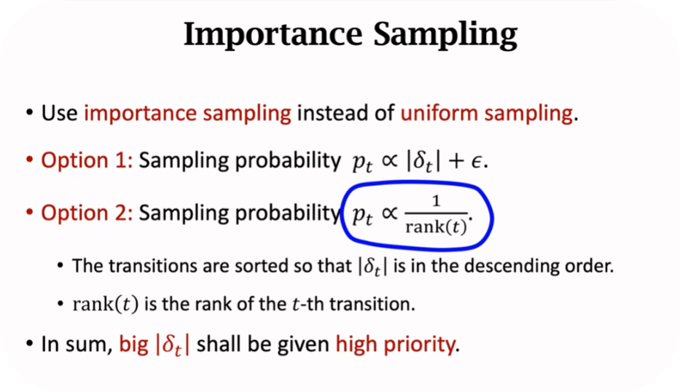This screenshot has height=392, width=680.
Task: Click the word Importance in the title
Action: click(x=273, y=34)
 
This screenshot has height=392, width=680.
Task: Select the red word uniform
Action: click(x=439, y=113)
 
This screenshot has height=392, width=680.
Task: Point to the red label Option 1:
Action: click(x=87, y=160)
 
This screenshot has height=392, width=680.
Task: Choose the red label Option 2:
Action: click(x=87, y=213)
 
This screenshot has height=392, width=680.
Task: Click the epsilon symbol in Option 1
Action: click(x=476, y=162)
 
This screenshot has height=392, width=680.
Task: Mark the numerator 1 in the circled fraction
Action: click(x=437, y=201)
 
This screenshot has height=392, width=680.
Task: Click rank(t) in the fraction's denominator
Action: click(x=437, y=227)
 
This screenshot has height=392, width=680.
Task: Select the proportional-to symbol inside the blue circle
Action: click(x=389, y=213)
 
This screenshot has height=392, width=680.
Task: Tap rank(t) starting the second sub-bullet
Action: click(x=106, y=304)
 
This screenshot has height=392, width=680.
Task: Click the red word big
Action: click(x=134, y=345)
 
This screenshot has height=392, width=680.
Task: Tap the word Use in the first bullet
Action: click(x=60, y=113)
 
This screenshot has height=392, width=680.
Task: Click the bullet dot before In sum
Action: click(x=29, y=344)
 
